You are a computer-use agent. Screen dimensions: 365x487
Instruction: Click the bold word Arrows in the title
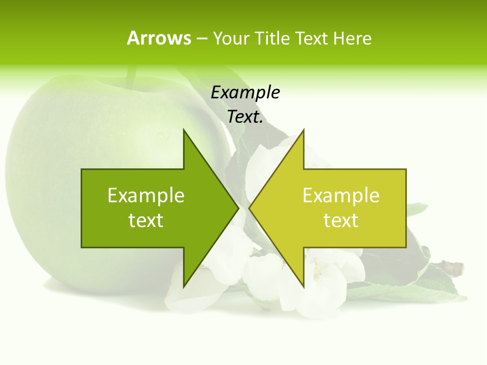[x=159, y=38]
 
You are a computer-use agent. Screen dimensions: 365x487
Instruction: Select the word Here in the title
[x=352, y=38]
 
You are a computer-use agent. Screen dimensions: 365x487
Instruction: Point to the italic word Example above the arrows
[x=245, y=93]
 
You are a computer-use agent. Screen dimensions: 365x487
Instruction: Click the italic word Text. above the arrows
[x=245, y=117]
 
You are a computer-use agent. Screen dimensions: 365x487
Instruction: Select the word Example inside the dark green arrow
[x=146, y=196]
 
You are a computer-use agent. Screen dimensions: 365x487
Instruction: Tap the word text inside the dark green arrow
[x=146, y=221]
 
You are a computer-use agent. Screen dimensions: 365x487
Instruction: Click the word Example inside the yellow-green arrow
[x=341, y=196]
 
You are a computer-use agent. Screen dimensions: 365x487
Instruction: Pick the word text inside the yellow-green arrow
[x=341, y=221]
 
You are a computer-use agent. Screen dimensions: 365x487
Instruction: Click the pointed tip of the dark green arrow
[x=237, y=208]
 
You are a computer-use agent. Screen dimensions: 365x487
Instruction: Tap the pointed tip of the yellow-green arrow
[x=250, y=208]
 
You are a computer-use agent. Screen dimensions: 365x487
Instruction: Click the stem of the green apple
[x=132, y=76]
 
